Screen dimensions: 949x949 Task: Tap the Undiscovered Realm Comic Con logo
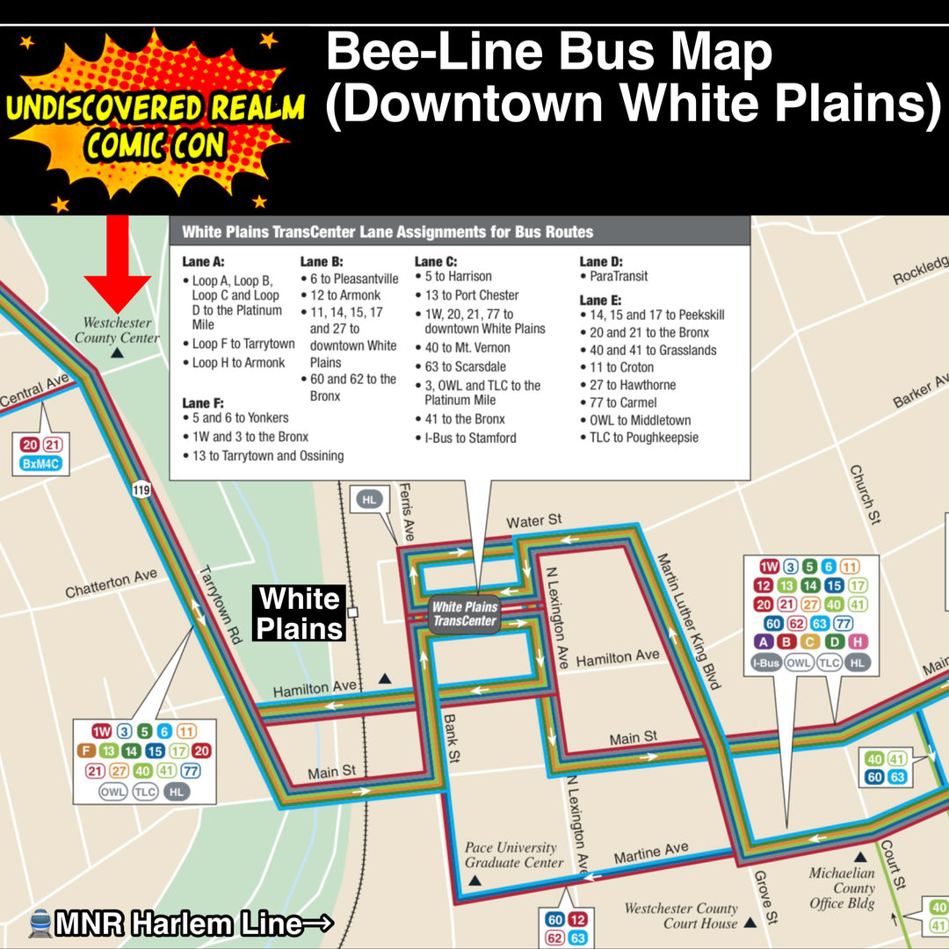point(155,122)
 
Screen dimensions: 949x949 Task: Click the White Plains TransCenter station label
point(464,613)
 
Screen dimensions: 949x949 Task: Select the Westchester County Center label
point(117,330)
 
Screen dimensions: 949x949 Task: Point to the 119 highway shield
point(141,489)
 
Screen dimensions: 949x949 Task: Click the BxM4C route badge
point(42,464)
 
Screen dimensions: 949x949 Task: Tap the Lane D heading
point(601,261)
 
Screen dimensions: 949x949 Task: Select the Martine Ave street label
point(650,852)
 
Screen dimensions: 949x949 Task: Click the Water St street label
point(534,522)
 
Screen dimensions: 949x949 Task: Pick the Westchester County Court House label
point(681,916)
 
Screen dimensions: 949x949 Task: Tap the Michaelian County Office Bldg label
point(842,888)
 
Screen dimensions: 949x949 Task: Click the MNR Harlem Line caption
point(181,924)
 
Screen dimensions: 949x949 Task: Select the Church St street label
point(864,496)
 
